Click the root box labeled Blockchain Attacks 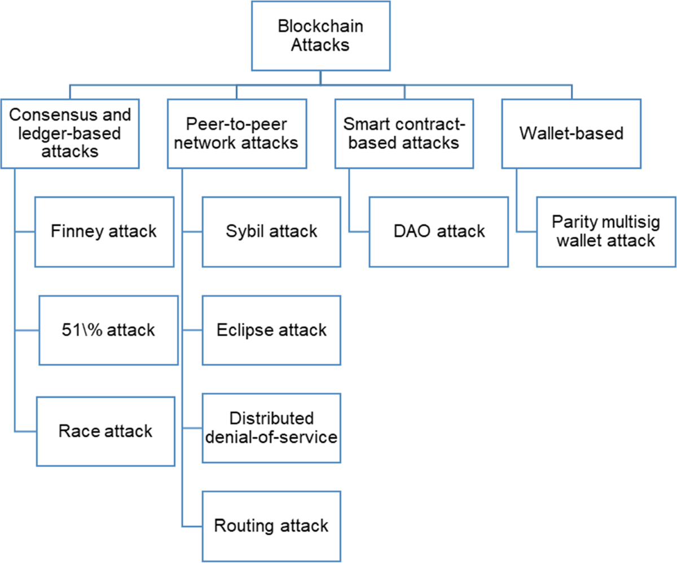tap(320, 36)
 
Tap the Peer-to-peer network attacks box tap(236, 133)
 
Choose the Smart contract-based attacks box tap(403, 133)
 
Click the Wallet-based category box tap(572, 133)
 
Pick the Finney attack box tap(104, 231)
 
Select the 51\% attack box tap(107, 329)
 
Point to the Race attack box tap(105, 430)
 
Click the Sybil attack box tap(271, 231)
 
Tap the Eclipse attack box tap(271, 329)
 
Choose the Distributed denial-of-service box tap(271, 428)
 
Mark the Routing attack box tap(271, 526)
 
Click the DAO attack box tap(438, 231)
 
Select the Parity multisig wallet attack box tap(606, 231)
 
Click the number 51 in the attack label tap(68, 329)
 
